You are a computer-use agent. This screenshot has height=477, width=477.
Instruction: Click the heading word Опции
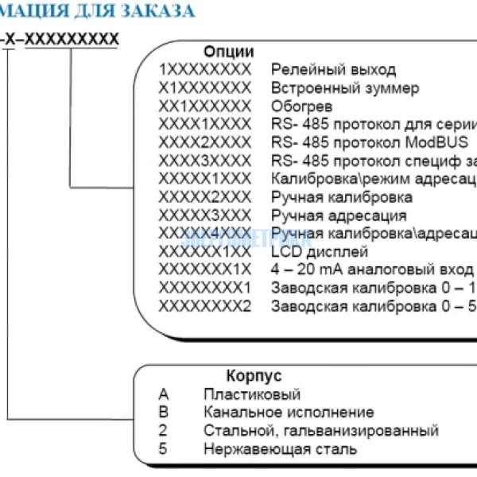(223, 52)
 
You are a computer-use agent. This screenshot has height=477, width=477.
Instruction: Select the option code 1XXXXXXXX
(204, 70)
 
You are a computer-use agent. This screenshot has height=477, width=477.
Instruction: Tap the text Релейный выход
(333, 70)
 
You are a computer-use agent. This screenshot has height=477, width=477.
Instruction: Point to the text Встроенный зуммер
(345, 88)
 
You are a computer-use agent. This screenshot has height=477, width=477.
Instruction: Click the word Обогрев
(301, 107)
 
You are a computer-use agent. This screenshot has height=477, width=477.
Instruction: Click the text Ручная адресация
(339, 215)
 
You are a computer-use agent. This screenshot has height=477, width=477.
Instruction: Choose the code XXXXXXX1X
(204, 270)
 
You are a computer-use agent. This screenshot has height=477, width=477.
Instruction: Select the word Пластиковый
(252, 394)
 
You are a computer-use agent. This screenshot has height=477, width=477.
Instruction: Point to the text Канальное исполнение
(289, 413)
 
